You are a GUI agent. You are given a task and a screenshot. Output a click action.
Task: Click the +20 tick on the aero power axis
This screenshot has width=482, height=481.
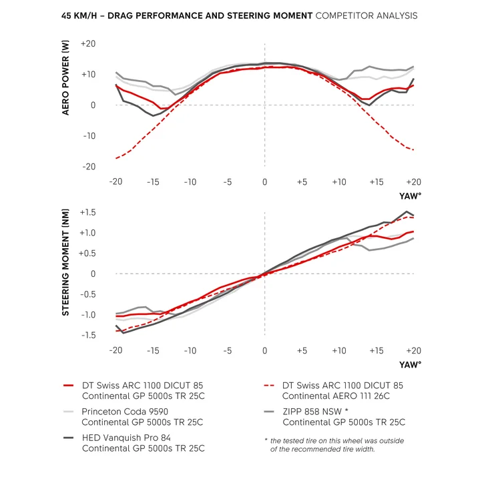coord(88,44)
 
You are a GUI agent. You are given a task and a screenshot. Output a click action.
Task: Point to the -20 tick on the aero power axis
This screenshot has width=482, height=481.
coord(88,166)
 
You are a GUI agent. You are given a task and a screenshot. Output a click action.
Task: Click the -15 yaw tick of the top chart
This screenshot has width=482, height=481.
coord(153,182)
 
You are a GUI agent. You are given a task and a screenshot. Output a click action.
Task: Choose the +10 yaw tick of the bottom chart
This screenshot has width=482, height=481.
coord(339,351)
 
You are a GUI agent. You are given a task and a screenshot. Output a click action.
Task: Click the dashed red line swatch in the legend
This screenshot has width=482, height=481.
coord(270,386)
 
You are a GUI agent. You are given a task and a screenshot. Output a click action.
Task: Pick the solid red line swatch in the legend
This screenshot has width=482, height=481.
coord(69,386)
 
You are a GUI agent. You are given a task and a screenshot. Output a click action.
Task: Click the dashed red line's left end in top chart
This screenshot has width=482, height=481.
coord(116,158)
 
